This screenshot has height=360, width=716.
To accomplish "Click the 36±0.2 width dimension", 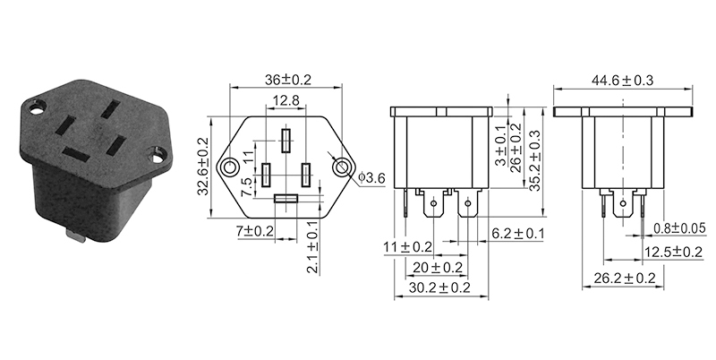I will [287, 79].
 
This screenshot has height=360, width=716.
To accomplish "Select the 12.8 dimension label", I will [286, 100].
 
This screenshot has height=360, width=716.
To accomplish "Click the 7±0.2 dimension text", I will [253, 232].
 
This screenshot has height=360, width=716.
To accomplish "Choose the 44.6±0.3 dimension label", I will [622, 80].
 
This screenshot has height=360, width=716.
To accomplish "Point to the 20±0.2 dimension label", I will [439, 267].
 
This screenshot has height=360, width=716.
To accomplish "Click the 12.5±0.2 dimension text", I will [673, 252].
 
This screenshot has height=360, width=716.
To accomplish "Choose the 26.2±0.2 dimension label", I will [624, 279].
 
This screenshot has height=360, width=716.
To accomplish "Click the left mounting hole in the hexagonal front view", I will [232, 167].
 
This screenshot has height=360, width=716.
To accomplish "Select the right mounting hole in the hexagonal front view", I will [341, 167].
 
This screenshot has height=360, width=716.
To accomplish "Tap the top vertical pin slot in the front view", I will [286, 141].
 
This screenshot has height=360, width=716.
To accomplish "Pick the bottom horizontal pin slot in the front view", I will [286, 198].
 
